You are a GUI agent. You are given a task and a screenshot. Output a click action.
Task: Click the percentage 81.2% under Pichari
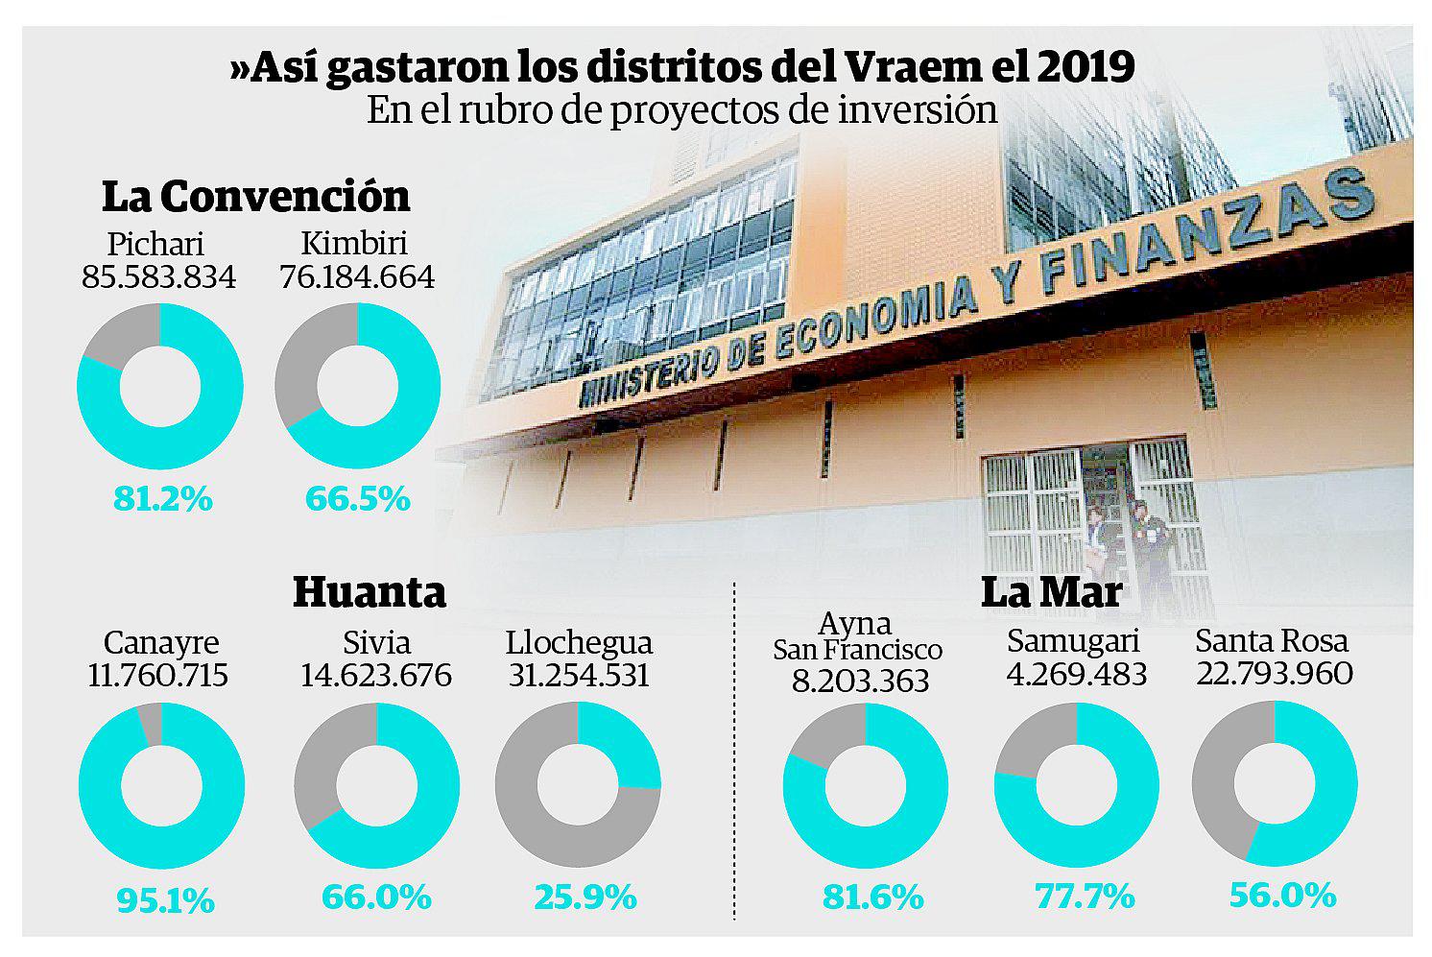[x=162, y=499]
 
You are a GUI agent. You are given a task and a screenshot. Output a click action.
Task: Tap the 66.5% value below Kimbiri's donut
[x=358, y=499]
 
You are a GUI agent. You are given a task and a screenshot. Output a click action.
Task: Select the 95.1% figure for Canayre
[x=164, y=900]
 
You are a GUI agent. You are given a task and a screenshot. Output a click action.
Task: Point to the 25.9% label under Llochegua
[x=585, y=897]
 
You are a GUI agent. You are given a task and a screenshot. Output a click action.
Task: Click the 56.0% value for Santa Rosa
[x=1282, y=895]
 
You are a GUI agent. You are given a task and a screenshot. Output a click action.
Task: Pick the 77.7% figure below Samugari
[x=1085, y=897]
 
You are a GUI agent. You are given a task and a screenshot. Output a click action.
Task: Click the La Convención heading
[x=255, y=196]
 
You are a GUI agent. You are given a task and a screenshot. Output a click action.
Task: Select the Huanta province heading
[x=370, y=591]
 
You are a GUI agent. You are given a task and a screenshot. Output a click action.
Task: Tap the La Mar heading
[x=1051, y=591]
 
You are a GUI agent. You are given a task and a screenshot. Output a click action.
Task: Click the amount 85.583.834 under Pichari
[x=158, y=276]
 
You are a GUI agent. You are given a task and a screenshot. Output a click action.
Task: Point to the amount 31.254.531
[x=578, y=675]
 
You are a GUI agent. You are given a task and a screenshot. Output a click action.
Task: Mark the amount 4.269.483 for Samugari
[x=1076, y=674]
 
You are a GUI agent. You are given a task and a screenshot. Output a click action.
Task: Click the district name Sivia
[x=376, y=642]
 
